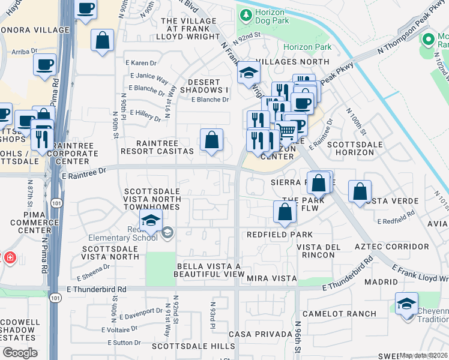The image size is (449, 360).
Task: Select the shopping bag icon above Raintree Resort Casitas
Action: (211, 141)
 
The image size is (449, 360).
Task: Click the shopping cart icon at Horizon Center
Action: (288, 129)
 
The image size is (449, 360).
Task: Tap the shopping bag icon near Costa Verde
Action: (360, 192)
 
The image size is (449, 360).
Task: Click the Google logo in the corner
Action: (20, 353)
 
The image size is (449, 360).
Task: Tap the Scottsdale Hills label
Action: (193, 346)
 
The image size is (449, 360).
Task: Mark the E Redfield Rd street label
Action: (396, 217)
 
